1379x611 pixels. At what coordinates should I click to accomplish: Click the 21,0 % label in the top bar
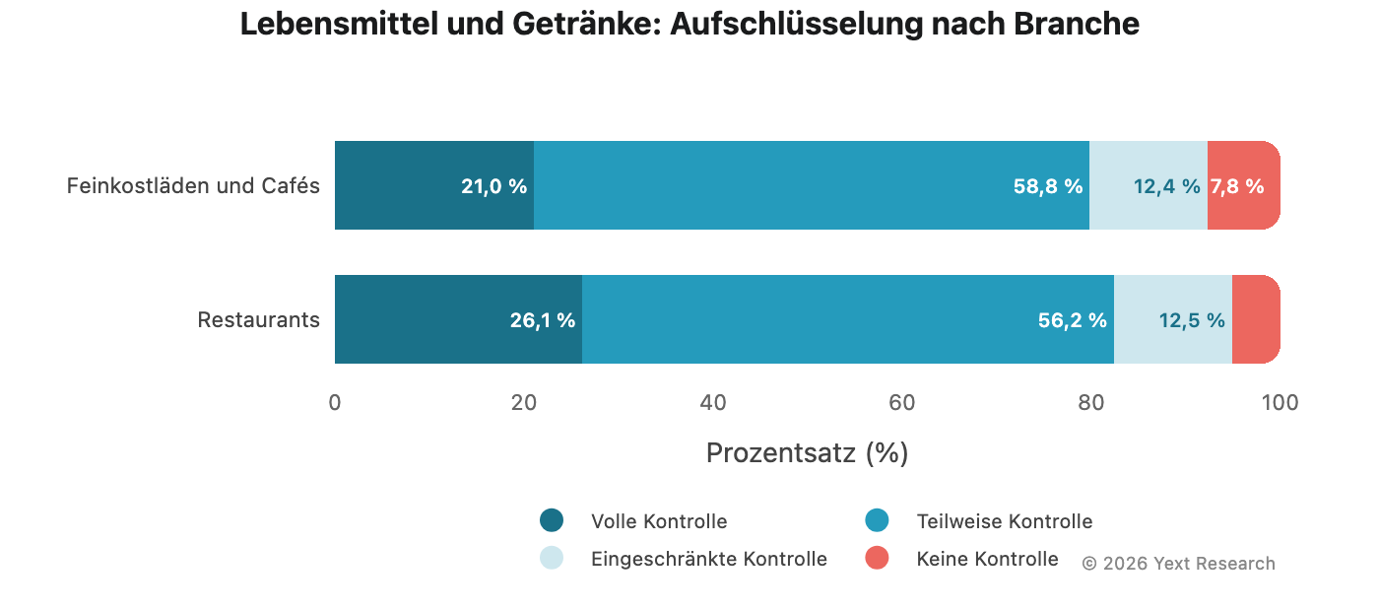(493, 186)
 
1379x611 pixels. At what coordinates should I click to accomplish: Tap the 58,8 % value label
(1048, 186)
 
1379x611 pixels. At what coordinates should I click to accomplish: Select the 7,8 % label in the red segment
(1237, 186)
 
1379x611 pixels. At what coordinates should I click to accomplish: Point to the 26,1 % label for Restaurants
(543, 320)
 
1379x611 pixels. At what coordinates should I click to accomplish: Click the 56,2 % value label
(1073, 320)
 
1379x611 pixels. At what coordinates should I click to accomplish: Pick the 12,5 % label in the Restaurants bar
(1192, 320)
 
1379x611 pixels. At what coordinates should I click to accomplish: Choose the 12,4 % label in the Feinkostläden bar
(1167, 186)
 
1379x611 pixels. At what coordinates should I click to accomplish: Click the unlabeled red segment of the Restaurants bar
(1255, 319)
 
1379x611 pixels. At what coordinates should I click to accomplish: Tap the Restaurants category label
(258, 320)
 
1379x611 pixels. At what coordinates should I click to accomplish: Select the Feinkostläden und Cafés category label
(193, 186)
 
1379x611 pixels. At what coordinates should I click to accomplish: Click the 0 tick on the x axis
(335, 402)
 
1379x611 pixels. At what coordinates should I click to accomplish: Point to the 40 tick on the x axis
(713, 402)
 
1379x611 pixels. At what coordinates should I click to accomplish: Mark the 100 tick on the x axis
(1280, 402)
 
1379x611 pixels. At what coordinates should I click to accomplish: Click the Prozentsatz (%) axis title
(807, 453)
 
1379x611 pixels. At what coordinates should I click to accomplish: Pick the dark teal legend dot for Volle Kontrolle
(552, 520)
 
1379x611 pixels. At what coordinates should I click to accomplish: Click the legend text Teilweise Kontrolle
(1004, 521)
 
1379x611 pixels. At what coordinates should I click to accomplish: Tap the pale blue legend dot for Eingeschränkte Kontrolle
(552, 558)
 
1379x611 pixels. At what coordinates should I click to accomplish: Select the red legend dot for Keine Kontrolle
(877, 558)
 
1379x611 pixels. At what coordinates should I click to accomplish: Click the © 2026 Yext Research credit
(1178, 564)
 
